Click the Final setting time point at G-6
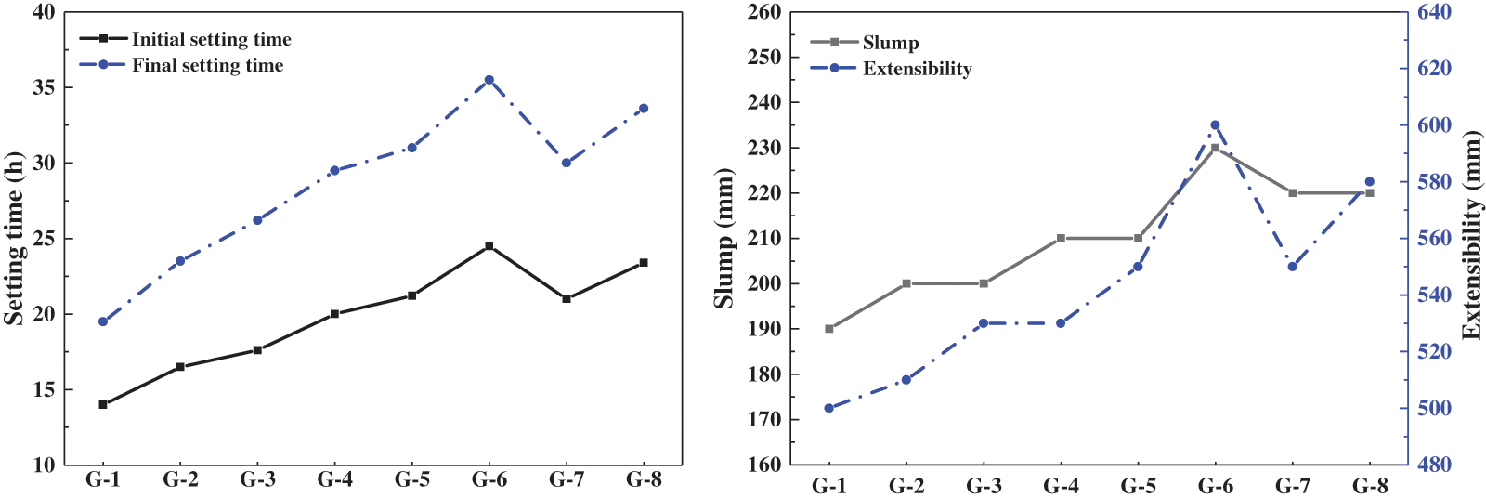point(489,80)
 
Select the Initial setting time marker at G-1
point(103,404)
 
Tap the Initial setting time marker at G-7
point(567,298)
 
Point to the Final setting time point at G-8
point(644,109)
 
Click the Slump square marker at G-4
point(1061,238)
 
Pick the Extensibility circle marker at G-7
point(1292,267)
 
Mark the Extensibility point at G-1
point(829,408)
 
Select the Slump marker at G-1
point(829,329)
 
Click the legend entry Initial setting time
point(211,39)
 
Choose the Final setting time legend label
point(207,65)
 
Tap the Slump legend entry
point(890,43)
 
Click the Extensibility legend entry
point(917,69)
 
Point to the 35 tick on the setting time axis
point(44,87)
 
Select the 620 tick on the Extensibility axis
point(1434,69)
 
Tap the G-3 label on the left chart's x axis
point(257,479)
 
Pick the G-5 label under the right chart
point(1138,485)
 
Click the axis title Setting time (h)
point(14,238)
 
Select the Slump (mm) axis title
point(724,238)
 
